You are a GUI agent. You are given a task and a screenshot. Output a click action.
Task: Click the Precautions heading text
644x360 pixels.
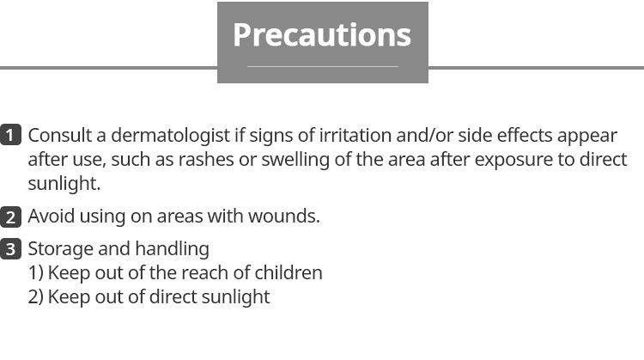tap(322, 36)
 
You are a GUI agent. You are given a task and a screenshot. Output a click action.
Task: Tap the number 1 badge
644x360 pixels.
tap(10, 135)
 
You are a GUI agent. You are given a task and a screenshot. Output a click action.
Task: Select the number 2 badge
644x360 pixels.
tap(10, 217)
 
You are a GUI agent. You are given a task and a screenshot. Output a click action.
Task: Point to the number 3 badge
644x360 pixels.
tap(10, 249)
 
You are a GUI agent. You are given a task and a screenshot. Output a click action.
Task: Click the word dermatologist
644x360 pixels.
tap(170, 136)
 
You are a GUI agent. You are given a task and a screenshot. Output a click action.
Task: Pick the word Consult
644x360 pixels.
tap(60, 135)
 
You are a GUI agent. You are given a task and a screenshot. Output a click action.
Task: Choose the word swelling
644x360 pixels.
tap(295, 161)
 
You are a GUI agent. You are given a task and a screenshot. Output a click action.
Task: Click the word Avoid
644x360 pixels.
tap(51, 217)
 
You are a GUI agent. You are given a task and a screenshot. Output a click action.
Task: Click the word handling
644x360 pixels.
tap(172, 249)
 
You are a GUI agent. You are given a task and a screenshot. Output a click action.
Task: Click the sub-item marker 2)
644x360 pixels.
tap(36, 296)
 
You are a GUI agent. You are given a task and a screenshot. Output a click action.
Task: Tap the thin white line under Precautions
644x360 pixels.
tap(323, 66)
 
